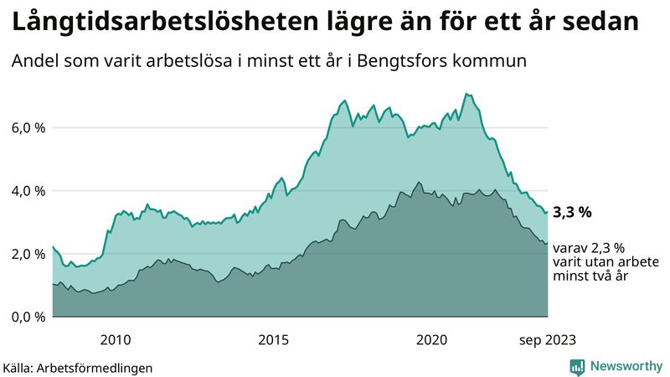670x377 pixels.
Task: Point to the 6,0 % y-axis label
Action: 28,128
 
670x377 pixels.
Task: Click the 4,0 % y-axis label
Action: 28,191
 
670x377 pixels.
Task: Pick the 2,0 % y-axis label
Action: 28,254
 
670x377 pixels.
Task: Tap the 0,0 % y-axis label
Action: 28,317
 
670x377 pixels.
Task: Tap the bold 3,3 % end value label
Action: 572,213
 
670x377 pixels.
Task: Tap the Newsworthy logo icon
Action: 577,366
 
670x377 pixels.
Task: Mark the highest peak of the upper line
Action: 466,94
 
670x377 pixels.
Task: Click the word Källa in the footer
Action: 21,367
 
